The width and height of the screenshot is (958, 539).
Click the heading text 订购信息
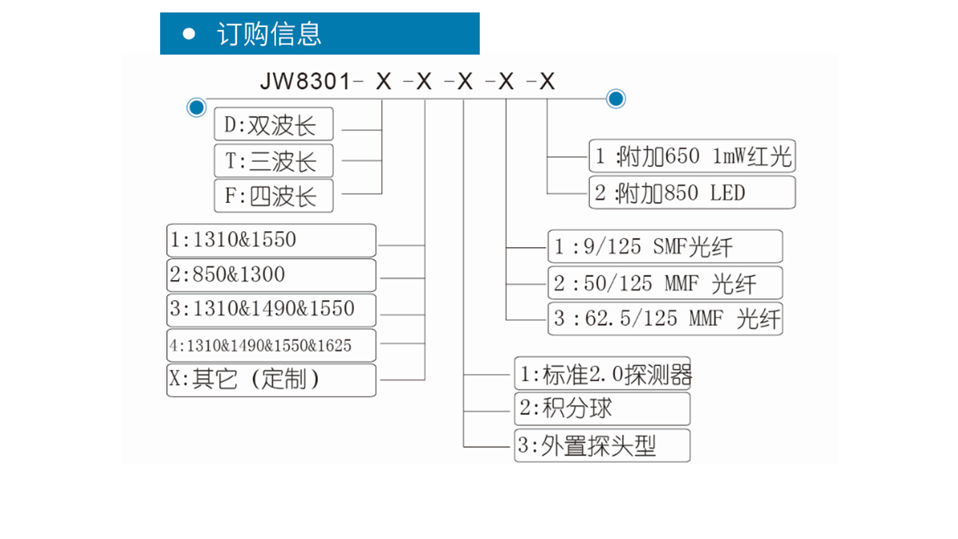coord(269,34)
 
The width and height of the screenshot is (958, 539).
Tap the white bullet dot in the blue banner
coord(189,34)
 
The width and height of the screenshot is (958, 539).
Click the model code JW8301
coord(305,81)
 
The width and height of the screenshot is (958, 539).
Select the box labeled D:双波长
coord(274,124)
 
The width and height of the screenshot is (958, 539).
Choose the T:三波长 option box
coord(274,160)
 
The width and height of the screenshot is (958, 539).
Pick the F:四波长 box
coord(274,196)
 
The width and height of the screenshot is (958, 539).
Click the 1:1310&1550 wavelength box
coord(271,240)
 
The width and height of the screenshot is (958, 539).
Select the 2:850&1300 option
coord(271,275)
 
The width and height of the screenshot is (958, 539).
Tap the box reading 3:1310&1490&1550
coord(271,310)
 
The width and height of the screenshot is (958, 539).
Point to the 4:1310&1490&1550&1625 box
coord(271,345)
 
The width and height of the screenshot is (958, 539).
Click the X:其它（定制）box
coord(271,380)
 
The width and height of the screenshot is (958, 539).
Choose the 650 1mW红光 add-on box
coord(692,156)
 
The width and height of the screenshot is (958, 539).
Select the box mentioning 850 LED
coord(692,192)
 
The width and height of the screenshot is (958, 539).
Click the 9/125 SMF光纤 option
coord(665,246)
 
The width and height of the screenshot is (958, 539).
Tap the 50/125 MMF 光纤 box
coord(665,283)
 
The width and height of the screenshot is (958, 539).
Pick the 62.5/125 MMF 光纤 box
coord(665,319)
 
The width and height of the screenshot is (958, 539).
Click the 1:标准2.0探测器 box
coord(602,373)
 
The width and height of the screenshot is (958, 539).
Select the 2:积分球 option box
coord(602,409)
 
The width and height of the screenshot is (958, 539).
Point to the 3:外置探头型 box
coord(602,445)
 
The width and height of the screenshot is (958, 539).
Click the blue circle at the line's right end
coord(616,99)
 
